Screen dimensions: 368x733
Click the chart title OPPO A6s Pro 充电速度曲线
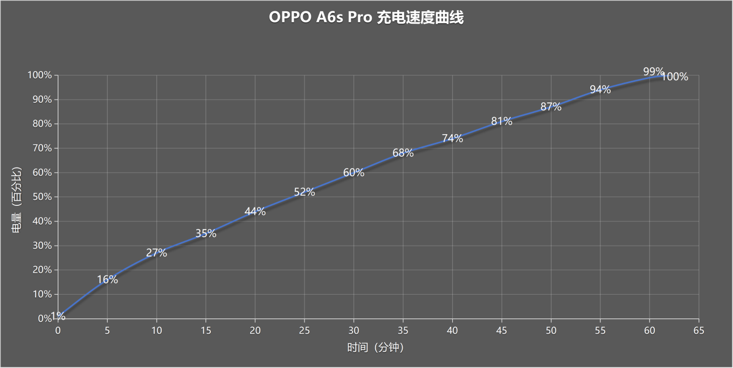coord(366,18)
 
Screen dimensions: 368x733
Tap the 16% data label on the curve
coord(107,280)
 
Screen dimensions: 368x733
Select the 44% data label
coord(255,212)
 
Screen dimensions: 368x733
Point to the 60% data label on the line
coord(354,173)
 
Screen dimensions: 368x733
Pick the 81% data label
coord(501,122)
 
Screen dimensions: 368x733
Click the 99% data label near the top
coord(653,72)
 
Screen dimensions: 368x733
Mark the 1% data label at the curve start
coord(58,316)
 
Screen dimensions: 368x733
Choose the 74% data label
coord(452,138)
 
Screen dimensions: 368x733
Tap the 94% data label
coord(600,90)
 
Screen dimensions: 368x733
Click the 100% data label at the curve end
coord(675,77)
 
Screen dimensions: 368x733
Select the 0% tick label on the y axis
coord(44,319)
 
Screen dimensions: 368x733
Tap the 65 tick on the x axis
coord(699,330)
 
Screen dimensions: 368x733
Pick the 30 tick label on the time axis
coord(354,330)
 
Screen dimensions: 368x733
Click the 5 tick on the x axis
coord(107,330)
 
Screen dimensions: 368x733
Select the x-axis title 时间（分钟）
coord(375,348)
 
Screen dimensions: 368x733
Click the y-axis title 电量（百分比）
coord(17,197)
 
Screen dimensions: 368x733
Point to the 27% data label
coord(156,253)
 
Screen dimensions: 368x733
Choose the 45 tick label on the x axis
coord(501,330)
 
